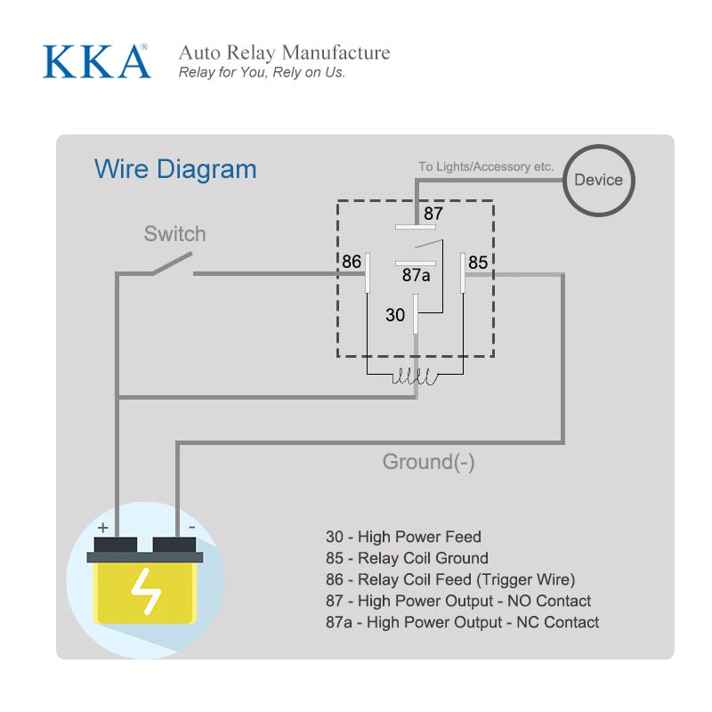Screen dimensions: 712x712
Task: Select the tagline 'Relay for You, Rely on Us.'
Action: (x=262, y=73)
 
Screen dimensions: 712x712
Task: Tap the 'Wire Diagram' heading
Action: (x=175, y=169)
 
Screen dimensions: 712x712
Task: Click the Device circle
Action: (x=598, y=180)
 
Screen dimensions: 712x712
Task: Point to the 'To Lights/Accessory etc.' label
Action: (x=486, y=166)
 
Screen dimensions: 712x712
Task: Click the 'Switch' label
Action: (x=174, y=234)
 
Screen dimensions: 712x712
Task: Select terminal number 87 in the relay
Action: (x=433, y=214)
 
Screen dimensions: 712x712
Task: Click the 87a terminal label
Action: (x=416, y=276)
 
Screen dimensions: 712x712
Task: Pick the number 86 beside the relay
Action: (x=352, y=262)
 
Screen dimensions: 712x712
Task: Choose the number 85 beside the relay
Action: (x=478, y=263)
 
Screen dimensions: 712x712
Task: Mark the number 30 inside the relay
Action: (x=395, y=315)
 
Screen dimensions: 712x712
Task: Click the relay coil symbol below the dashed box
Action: (x=415, y=377)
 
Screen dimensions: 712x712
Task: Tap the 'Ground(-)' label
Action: (x=428, y=462)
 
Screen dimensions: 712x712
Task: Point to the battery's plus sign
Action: (x=103, y=528)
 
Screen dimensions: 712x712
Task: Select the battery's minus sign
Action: (x=190, y=528)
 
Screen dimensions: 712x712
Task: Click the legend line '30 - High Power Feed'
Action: (x=403, y=537)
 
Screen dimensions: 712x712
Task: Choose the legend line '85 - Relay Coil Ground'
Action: (x=407, y=558)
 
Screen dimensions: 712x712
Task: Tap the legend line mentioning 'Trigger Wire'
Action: (x=450, y=579)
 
